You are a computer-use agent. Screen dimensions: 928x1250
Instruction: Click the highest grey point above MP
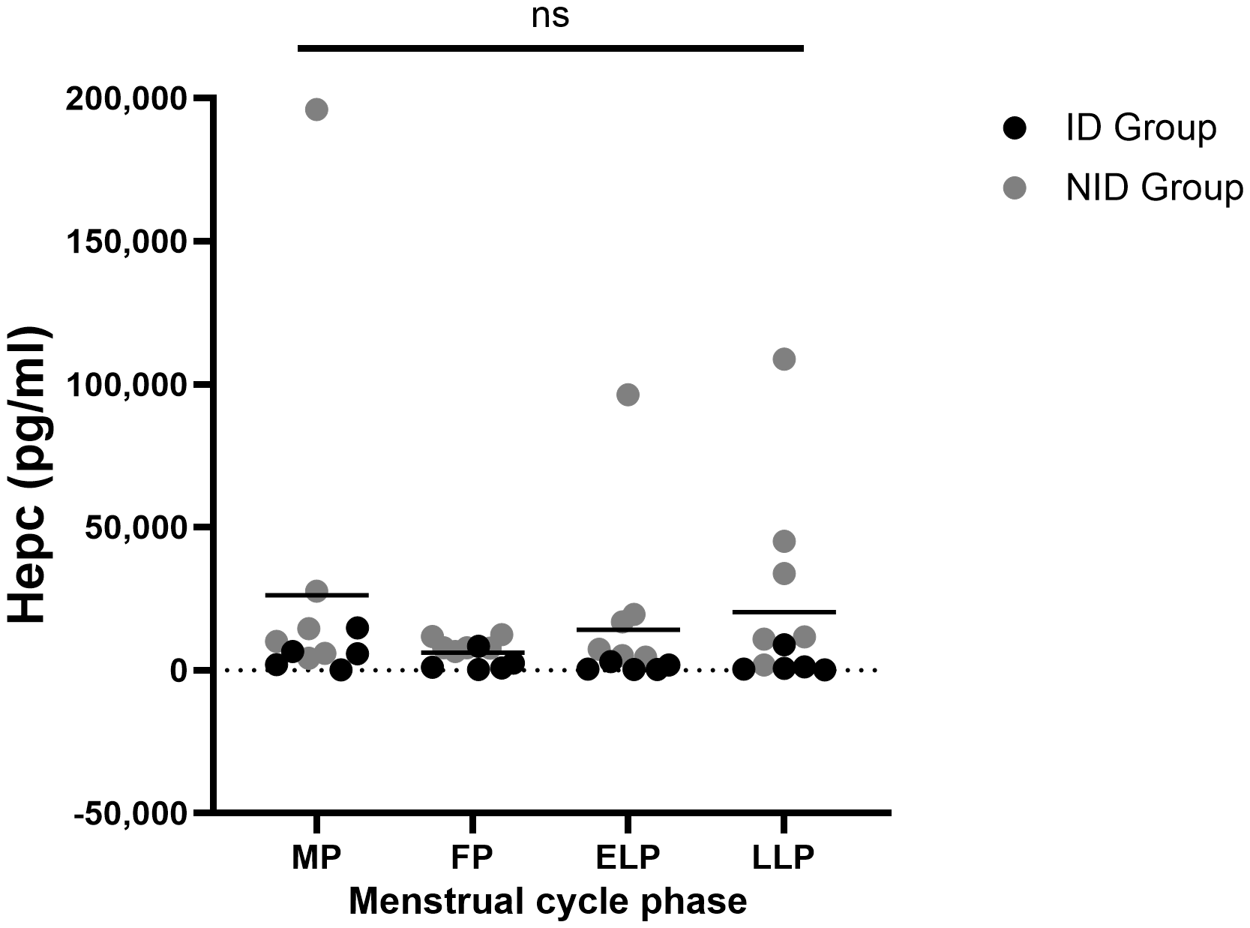316,110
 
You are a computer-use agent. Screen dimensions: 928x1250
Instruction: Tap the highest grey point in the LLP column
784,359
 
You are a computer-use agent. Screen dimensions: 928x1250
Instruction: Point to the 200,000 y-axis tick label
126,99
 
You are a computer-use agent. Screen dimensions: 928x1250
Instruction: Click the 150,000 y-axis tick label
126,242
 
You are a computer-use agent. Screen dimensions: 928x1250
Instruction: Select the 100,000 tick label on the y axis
126,384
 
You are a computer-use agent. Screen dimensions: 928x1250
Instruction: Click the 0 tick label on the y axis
178,670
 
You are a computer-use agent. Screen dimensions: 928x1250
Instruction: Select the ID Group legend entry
1140,128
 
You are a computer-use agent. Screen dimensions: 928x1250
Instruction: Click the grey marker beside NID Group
1015,188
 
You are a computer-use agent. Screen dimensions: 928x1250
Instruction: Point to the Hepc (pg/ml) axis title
30,474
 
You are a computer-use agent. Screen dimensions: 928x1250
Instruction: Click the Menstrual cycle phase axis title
548,901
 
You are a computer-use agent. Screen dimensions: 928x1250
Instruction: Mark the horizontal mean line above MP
317,595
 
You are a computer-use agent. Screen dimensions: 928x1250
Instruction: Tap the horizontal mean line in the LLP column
784,612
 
